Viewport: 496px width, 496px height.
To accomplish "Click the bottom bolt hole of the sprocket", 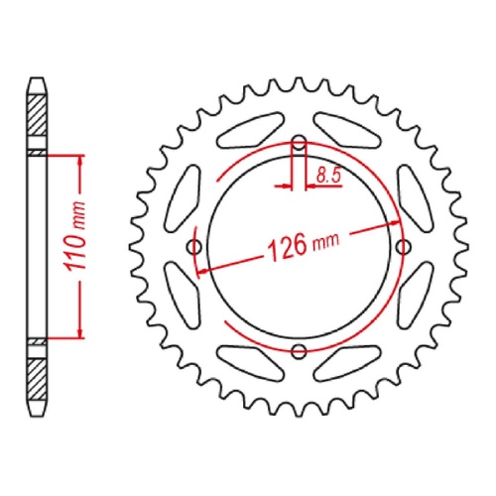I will (x=299, y=347).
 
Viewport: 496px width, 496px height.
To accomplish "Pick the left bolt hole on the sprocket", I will (x=194, y=245).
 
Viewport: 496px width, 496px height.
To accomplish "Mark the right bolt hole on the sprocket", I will (x=402, y=245).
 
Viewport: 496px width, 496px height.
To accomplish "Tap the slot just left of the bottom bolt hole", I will (x=244, y=361).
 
